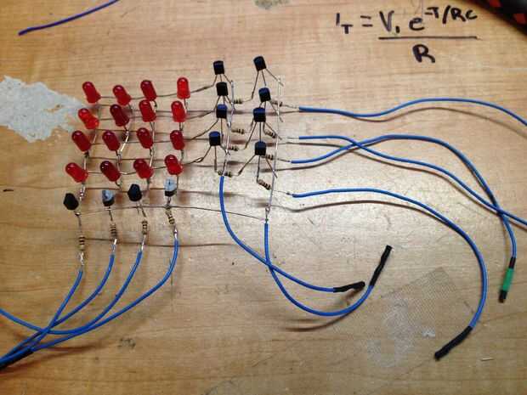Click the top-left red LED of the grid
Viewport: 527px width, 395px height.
click(x=90, y=90)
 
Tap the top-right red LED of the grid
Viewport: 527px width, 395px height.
click(x=183, y=87)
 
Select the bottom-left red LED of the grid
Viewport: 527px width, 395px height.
click(x=76, y=172)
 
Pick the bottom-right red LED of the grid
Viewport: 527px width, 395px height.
click(x=173, y=163)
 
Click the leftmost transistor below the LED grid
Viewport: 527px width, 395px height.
click(x=71, y=201)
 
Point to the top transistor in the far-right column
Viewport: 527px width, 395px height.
click(x=260, y=64)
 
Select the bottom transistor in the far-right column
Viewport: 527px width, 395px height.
click(x=260, y=149)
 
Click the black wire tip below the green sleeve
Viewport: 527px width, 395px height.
click(x=503, y=294)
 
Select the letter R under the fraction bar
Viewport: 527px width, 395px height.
click(x=418, y=55)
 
